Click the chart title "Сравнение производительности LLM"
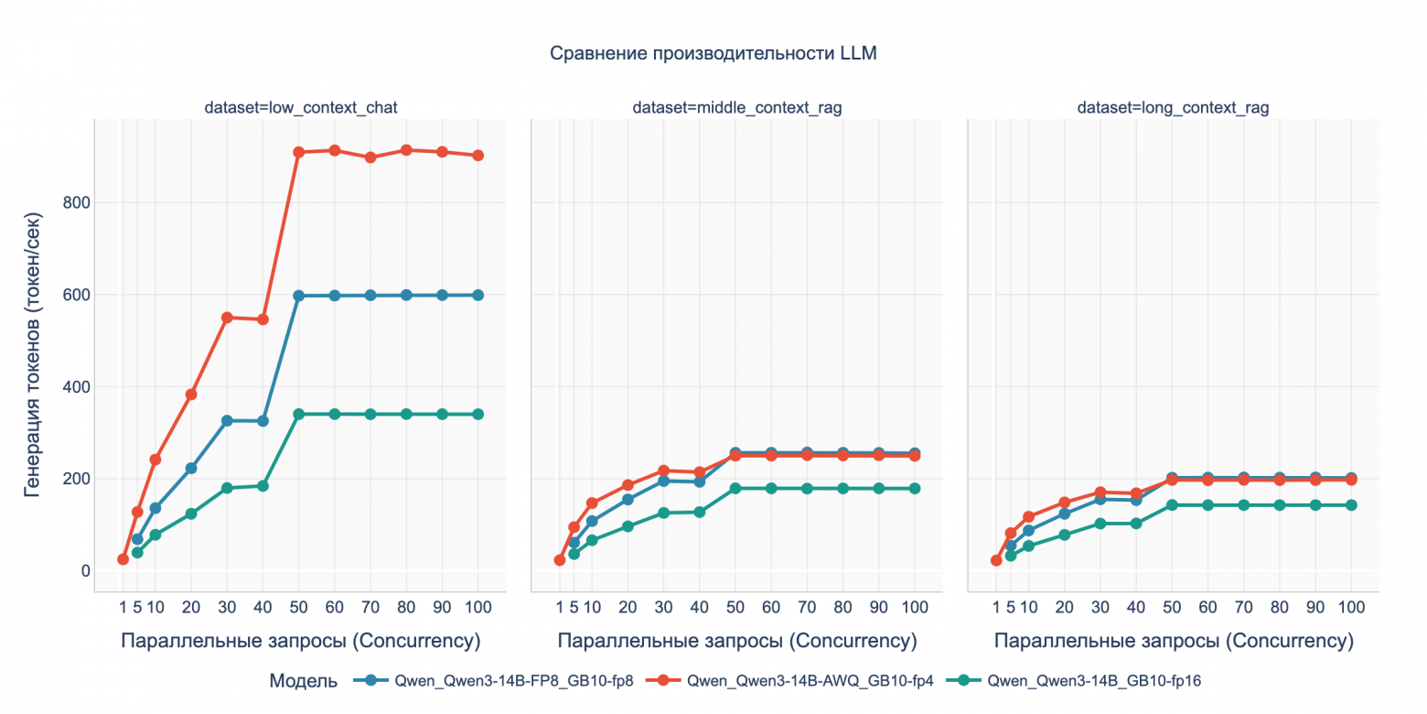click(x=713, y=54)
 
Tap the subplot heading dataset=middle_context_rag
click(x=736, y=108)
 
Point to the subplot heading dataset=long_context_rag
click(x=1173, y=108)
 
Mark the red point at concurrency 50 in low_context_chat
click(x=299, y=152)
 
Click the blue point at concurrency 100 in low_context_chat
click(x=477, y=295)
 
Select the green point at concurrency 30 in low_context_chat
click(x=227, y=488)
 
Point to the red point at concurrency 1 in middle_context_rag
click(x=560, y=560)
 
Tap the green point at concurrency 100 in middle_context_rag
click(x=915, y=489)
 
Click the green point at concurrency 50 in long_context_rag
click(x=1172, y=505)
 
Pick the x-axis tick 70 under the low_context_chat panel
click(x=370, y=607)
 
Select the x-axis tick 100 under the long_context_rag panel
click(x=1351, y=607)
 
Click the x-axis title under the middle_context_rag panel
click(x=736, y=641)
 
